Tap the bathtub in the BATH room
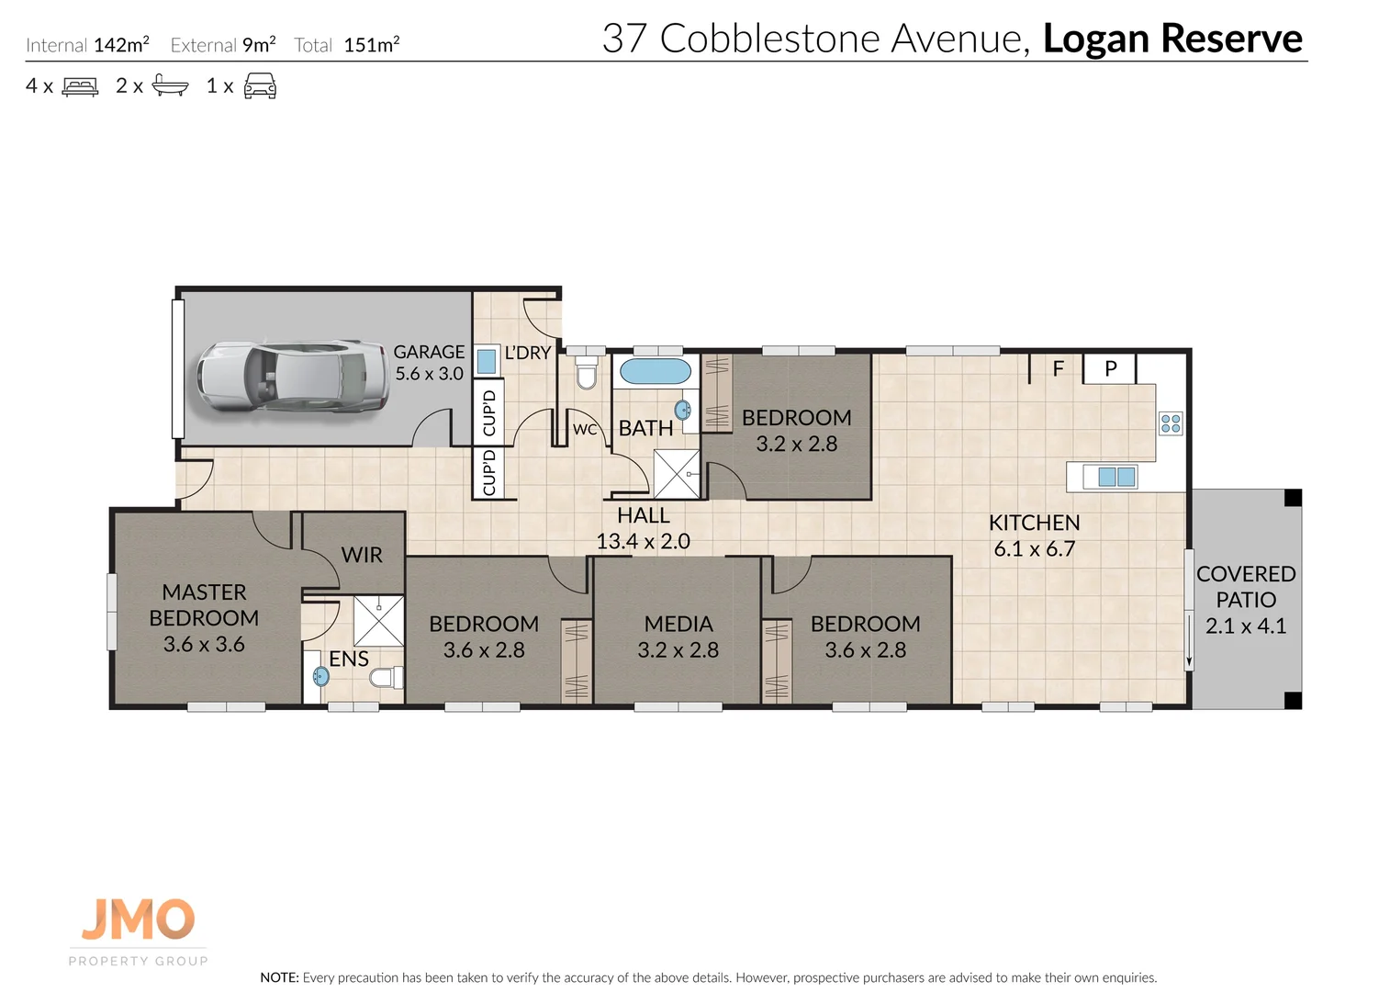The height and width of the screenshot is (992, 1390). (655, 372)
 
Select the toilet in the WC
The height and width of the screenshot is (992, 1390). (587, 375)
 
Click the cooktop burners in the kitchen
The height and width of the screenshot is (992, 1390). (1171, 423)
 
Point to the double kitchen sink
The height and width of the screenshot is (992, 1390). (1116, 477)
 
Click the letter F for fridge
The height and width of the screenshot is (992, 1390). (1058, 369)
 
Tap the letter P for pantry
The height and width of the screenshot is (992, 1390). (1110, 369)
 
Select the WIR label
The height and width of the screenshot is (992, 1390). (362, 555)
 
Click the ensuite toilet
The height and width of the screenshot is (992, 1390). (386, 678)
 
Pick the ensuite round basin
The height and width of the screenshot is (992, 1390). (320, 677)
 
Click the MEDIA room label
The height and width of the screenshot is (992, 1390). (678, 624)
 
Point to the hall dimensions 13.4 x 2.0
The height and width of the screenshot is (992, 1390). (643, 542)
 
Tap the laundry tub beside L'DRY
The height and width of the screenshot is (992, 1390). (487, 361)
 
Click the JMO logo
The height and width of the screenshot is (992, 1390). (138, 919)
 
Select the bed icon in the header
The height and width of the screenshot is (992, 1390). (80, 87)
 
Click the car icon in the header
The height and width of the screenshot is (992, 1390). (260, 87)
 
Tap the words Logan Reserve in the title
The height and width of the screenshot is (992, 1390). (1172, 39)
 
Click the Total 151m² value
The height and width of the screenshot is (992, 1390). (371, 45)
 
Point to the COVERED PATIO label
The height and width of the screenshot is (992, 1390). (1246, 586)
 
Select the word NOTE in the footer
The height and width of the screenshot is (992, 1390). (279, 977)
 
